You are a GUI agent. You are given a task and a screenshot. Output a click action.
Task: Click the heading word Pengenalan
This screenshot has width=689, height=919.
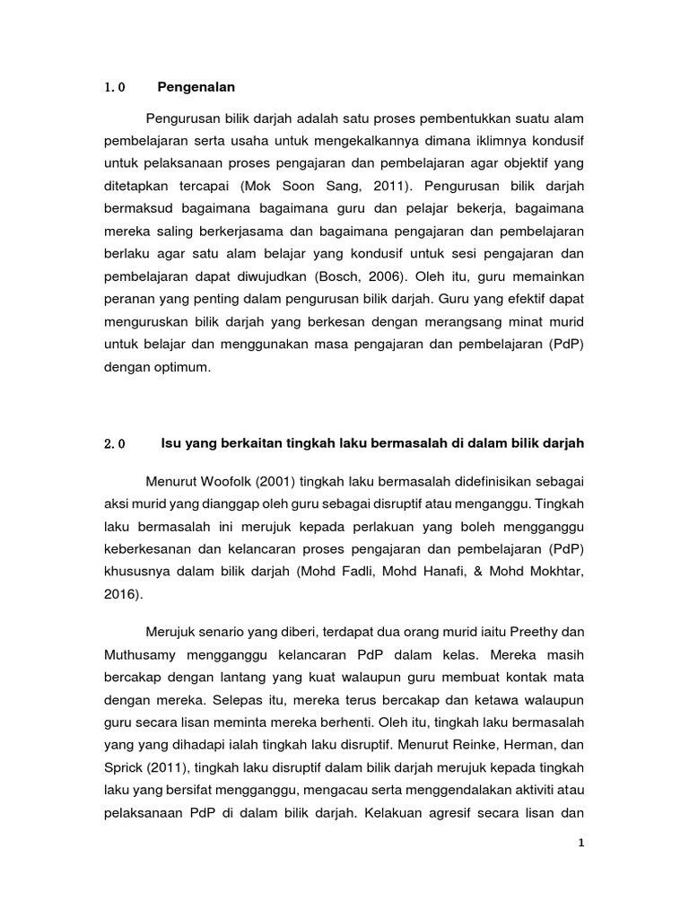coord(196,87)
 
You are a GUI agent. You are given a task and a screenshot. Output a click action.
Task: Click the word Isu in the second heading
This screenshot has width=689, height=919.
coord(170,443)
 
